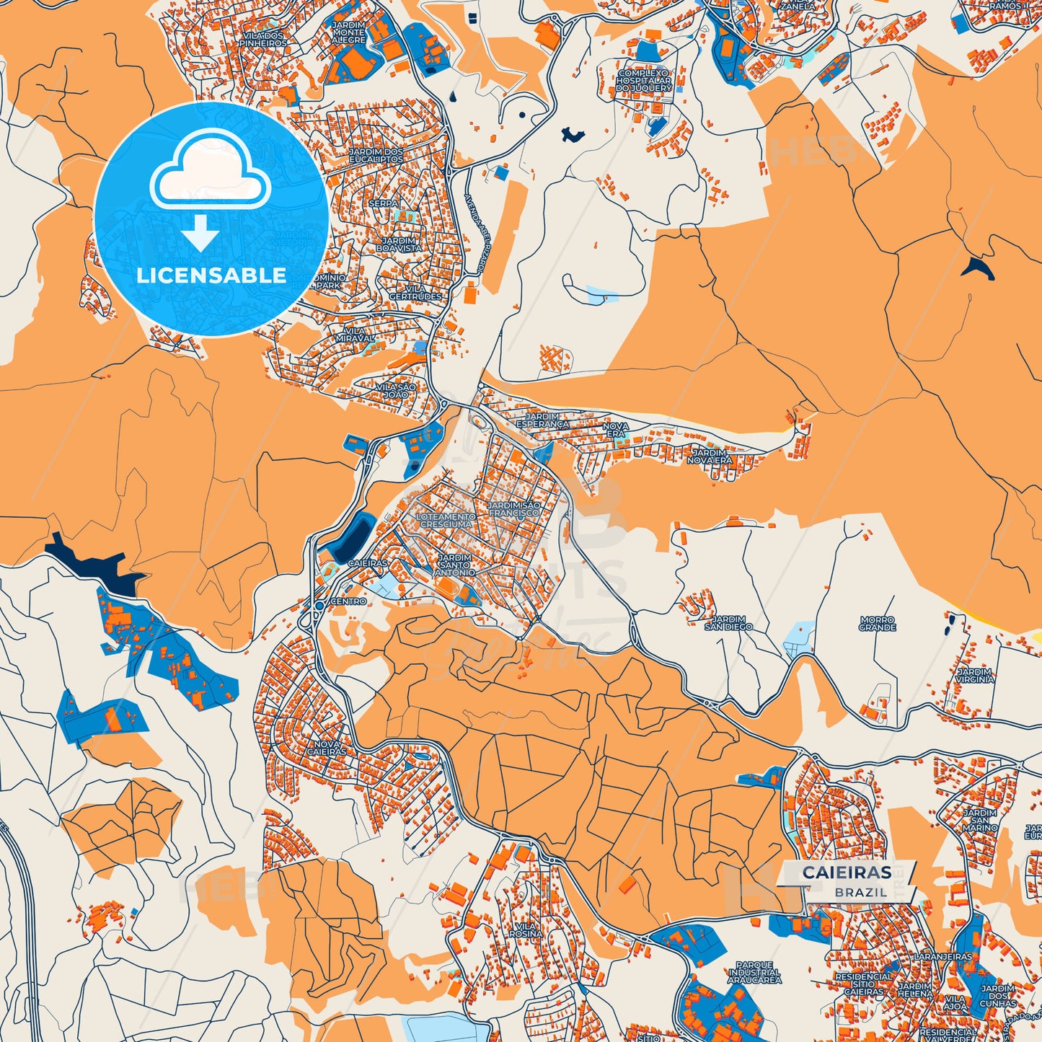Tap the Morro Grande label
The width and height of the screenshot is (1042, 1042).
coord(877,624)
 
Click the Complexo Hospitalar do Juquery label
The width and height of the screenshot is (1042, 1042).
coord(644,80)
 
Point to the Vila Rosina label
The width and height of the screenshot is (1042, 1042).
coord(526,930)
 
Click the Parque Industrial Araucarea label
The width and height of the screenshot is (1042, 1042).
coord(754,973)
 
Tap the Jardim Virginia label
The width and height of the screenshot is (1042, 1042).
coord(975,675)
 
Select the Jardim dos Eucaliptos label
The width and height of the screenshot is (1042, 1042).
coord(376,155)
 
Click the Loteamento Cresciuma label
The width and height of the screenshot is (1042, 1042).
coord(446,521)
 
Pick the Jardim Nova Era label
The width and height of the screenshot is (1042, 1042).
coord(709,456)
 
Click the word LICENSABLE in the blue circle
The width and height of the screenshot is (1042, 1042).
coord(211,275)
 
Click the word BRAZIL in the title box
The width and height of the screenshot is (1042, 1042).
coord(861,892)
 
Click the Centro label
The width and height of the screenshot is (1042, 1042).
coord(348,601)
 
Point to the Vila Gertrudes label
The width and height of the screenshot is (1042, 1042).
coord(415,292)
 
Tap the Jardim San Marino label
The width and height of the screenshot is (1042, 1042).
coord(979,821)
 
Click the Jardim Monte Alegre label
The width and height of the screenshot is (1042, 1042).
coord(348,32)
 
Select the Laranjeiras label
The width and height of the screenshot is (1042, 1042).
coord(942,956)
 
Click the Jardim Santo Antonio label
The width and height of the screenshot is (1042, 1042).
coord(456,565)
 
